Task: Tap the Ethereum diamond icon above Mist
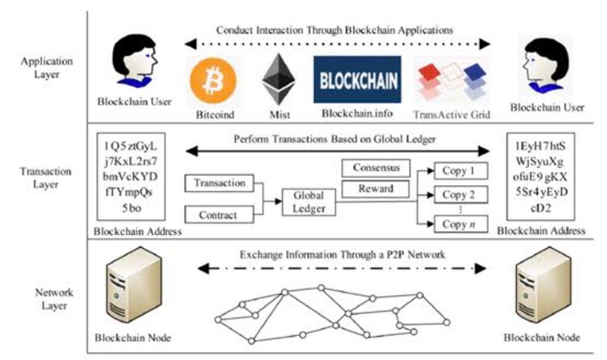coord(279,79)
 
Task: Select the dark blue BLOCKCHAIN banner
coord(357,79)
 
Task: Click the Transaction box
coord(219,183)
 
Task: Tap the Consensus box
coord(376,168)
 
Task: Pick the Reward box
coord(376,189)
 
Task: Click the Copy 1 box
coord(459,171)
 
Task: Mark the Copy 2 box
coord(459,195)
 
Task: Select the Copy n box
coord(459,224)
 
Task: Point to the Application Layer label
coord(46,68)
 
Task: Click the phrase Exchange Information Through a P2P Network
coord(342,255)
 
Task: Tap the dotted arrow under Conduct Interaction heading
coord(337,44)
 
